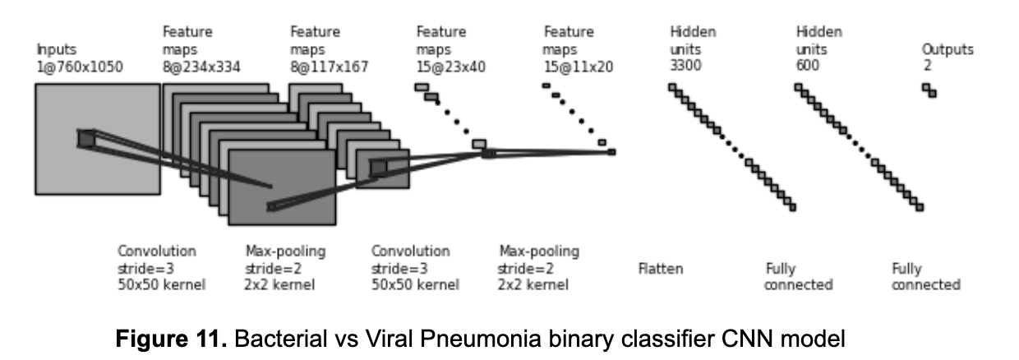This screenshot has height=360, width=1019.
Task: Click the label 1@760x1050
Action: [80, 67]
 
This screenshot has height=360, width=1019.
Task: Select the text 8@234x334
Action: [201, 67]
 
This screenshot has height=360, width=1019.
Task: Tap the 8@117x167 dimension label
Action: [329, 67]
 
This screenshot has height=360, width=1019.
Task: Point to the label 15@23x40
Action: [450, 67]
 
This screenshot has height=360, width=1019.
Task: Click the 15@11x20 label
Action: [578, 67]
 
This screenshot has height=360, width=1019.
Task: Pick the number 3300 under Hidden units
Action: [685, 67]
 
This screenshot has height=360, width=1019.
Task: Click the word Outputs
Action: [948, 50]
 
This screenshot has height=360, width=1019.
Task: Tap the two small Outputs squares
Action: [929, 90]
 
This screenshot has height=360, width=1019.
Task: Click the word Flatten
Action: [660, 269]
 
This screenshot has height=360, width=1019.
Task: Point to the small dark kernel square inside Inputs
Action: [86, 139]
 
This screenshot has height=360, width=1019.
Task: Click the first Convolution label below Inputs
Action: [157, 252]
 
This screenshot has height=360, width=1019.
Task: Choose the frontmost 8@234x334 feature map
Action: [282, 187]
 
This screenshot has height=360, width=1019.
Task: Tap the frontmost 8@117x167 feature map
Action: [382, 168]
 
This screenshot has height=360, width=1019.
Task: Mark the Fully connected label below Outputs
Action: [925, 277]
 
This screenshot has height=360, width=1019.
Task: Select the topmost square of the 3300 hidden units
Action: [672, 87]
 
